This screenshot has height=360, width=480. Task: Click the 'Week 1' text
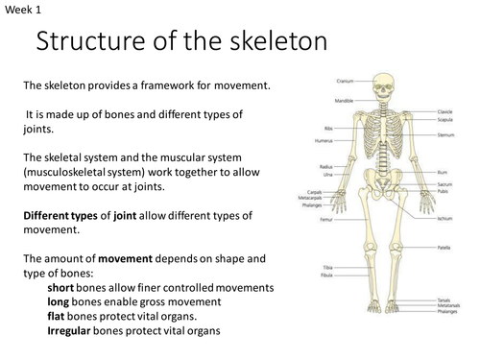(x=20, y=12)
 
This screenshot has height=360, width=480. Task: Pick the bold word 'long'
(x=61, y=302)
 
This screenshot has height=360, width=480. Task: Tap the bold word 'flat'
(x=60, y=317)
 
